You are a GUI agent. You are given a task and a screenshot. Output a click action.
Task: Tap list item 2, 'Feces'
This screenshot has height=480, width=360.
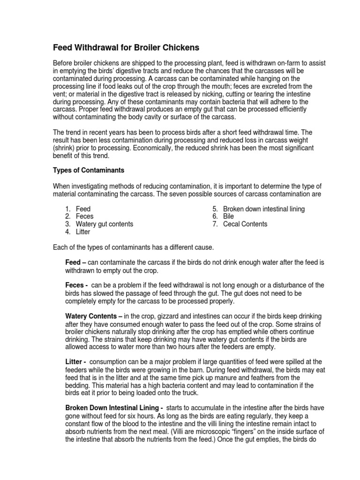(x=84, y=216)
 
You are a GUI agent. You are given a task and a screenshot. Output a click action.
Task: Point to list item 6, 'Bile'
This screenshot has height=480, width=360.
(x=228, y=216)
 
